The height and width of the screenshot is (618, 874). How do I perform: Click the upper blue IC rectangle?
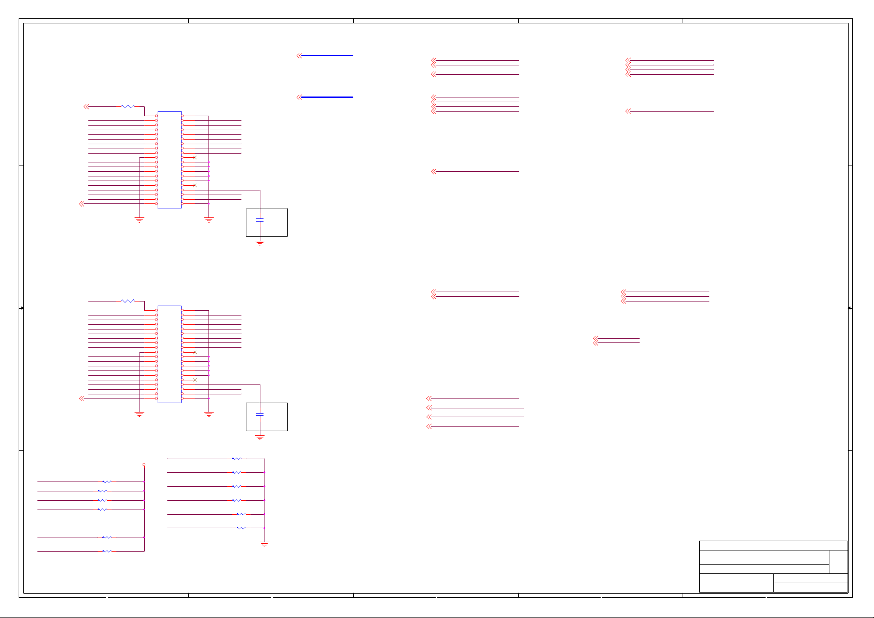(169, 160)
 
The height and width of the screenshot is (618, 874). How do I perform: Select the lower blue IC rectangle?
(169, 354)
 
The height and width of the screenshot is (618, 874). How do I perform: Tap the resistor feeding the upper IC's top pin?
(128, 106)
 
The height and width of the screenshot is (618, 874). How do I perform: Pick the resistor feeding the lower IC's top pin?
(128, 301)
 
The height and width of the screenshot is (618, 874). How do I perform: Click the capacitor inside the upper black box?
(260, 221)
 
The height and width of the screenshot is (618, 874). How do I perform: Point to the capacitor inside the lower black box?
(260, 415)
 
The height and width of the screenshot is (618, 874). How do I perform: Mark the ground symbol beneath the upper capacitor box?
(260, 242)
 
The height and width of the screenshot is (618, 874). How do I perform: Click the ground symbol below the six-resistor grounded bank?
(265, 544)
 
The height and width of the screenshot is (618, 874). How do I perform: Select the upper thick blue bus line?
(327, 56)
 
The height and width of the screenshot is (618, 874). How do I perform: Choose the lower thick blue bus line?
(327, 97)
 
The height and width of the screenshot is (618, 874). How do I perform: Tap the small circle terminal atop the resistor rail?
(144, 465)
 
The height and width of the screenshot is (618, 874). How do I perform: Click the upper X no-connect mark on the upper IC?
(195, 157)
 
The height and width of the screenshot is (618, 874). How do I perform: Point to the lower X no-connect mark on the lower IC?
(195, 380)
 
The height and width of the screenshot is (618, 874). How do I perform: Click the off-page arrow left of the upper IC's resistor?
(86, 106)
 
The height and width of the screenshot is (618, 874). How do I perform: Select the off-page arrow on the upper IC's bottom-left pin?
(81, 204)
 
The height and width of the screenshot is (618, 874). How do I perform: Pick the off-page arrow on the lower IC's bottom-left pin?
(81, 399)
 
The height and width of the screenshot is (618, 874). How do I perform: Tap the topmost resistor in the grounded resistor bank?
(237, 459)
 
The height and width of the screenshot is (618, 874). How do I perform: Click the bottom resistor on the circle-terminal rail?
(107, 551)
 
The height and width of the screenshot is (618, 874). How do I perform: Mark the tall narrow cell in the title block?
(838, 562)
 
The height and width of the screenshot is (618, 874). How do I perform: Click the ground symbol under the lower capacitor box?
(260, 437)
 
